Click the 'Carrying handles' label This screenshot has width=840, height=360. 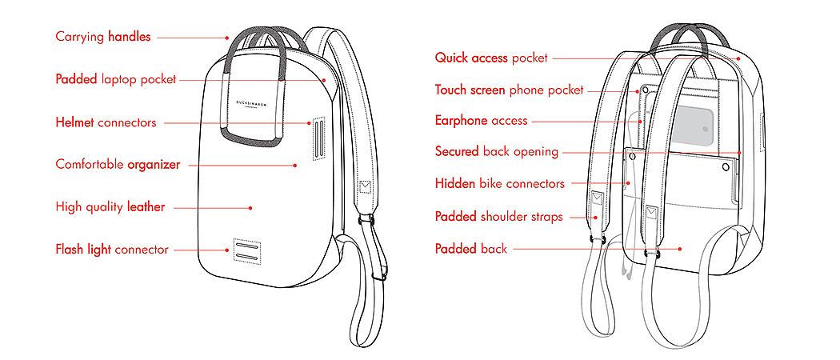pos(103,37)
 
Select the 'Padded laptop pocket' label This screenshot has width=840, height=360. pos(115,79)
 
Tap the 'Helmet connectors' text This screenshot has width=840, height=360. pos(106,122)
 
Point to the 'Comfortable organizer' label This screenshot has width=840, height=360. pos(118,165)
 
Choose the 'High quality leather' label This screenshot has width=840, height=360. pos(110,207)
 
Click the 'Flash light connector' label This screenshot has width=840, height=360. pos(112,250)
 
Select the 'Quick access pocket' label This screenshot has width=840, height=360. pos(491,58)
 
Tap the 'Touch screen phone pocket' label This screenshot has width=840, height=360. pos(509,90)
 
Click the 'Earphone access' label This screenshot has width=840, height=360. pos(481,121)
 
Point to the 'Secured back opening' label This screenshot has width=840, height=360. pos(497,151)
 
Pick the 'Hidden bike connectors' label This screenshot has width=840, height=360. pos(499,184)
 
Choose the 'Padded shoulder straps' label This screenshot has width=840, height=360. pos(498,217)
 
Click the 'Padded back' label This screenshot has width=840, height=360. pos(470,249)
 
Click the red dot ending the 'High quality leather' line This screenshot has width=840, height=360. pos(250,207)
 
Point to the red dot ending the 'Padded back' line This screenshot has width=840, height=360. pos(679,249)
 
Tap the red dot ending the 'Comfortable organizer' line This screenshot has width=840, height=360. pos(295,165)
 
